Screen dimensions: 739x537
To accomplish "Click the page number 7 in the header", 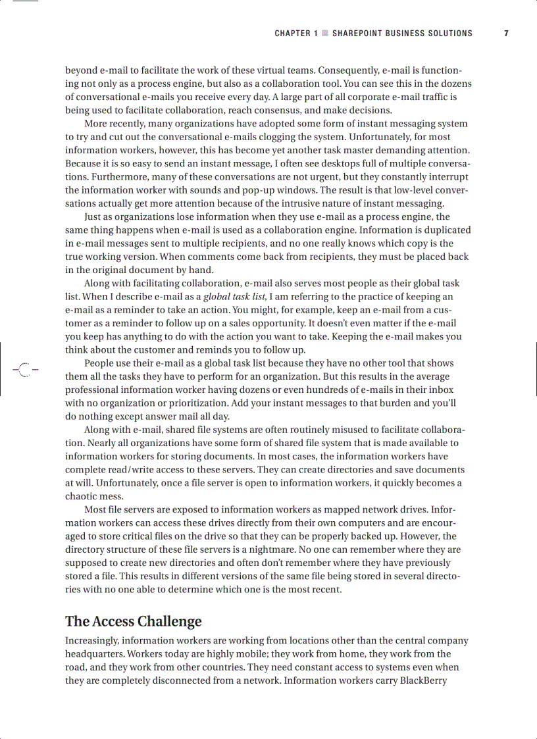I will [506, 34].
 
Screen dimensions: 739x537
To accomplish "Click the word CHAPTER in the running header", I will [292, 34].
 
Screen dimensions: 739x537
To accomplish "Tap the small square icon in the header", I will [324, 34].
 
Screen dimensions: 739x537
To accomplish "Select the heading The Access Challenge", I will [133, 621].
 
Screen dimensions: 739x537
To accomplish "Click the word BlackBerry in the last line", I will [424, 680].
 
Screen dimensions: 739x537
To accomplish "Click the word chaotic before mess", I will [82, 496].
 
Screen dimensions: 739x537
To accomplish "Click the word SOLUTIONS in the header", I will [451, 34].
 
